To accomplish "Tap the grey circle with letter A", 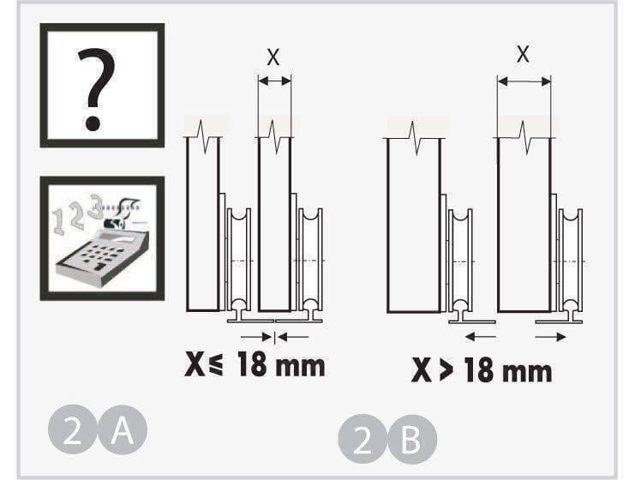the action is tap(123, 429).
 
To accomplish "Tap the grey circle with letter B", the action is tap(412, 439).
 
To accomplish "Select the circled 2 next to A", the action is tap(73, 429).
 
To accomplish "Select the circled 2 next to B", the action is tap(362, 439).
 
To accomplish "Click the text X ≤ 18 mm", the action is tap(255, 364).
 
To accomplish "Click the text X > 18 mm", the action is tap(482, 369).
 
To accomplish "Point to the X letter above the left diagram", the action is tap(273, 57).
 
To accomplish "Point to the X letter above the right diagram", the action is tap(523, 54).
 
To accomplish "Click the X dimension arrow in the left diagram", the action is tap(274, 81).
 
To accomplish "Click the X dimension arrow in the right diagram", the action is tap(524, 81).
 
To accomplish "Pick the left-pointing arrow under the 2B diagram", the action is tap(480, 337).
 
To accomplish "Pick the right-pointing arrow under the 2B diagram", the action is tap(550, 337).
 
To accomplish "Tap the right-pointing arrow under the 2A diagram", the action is tap(256, 337).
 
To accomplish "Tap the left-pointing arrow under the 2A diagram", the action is tap(293, 337).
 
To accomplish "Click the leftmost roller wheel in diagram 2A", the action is tap(239, 259).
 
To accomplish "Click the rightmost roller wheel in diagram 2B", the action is tap(571, 261).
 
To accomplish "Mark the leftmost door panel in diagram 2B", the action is tap(414, 225).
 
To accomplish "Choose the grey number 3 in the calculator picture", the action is tap(96, 207).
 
